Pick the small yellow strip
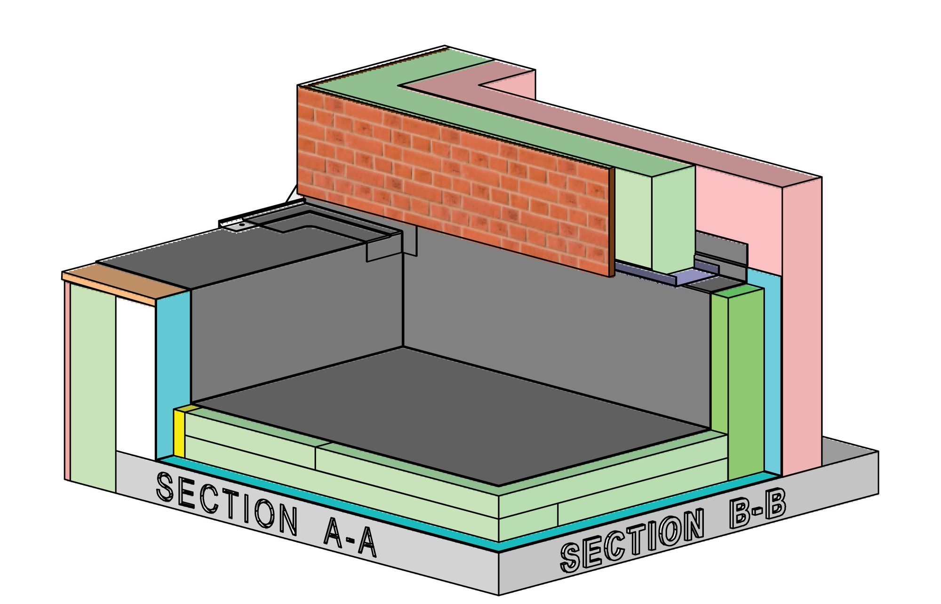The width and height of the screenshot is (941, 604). (179, 433)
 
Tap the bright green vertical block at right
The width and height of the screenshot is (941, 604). (746, 381)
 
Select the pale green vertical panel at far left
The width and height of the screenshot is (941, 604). (93, 386)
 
